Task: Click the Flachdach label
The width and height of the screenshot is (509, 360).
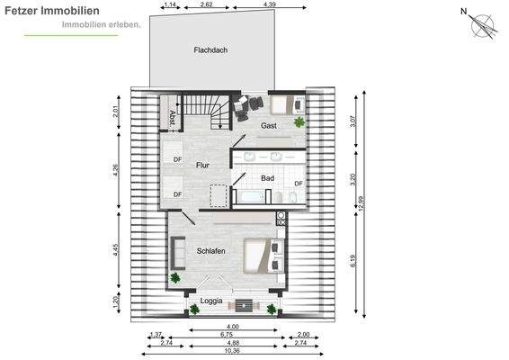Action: pos(210,50)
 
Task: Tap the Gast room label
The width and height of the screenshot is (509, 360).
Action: pos(269,125)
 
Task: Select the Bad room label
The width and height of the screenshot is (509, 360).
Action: pos(267,178)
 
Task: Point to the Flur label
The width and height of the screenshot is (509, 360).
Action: pos(202,165)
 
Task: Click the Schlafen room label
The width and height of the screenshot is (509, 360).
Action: pos(211,251)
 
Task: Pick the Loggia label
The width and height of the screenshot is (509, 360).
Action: pos(211,301)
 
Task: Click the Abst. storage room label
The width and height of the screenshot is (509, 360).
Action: pos(173,118)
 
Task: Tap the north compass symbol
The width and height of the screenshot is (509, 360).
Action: pos(480,23)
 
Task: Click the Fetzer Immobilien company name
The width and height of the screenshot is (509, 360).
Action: pos(52,11)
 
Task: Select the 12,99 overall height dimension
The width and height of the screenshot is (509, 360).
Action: pos(362,203)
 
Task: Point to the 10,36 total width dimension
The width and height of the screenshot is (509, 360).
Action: pos(232,351)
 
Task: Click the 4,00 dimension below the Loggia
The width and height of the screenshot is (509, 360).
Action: pos(232,327)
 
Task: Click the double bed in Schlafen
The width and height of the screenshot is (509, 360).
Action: pos(264,256)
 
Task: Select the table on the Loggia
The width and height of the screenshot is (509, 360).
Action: pos(244,305)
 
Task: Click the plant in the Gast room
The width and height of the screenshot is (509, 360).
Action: pos(299,122)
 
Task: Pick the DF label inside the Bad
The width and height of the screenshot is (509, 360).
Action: pos(299,184)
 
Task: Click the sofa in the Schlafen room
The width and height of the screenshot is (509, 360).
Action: pos(178,253)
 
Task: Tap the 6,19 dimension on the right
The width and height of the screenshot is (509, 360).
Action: pos(353,261)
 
